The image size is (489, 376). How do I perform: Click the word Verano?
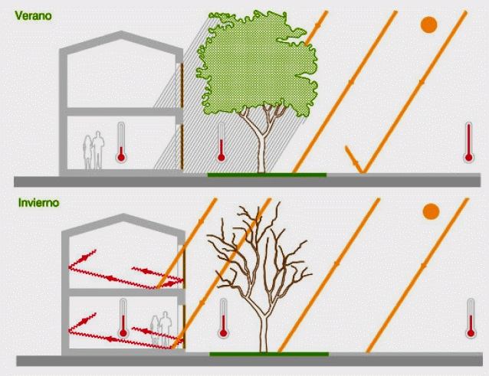tap(33, 15)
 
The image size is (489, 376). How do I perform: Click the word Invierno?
tap(38, 203)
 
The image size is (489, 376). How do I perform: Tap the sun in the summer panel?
tap(428, 25)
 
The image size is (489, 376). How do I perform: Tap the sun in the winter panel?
tap(431, 211)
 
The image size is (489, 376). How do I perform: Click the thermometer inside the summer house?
tap(121, 142)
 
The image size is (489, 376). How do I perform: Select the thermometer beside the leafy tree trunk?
tap(221, 142)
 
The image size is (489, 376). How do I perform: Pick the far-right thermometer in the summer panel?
tap(468, 142)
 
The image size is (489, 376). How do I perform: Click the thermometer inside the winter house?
tap(123, 318)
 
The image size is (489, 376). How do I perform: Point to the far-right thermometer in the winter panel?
tap(471, 318)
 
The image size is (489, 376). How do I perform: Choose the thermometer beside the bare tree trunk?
tap(223, 318)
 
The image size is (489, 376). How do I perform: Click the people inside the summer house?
tap(94, 150)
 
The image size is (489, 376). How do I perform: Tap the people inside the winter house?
tap(162, 329)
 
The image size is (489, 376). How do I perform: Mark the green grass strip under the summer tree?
tap(267, 175)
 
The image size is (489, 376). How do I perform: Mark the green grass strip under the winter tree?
tap(269, 355)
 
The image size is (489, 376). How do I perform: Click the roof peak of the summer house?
tap(121, 32)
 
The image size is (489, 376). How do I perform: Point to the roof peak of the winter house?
tap(123, 214)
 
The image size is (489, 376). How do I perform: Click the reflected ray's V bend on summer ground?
tap(362, 172)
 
